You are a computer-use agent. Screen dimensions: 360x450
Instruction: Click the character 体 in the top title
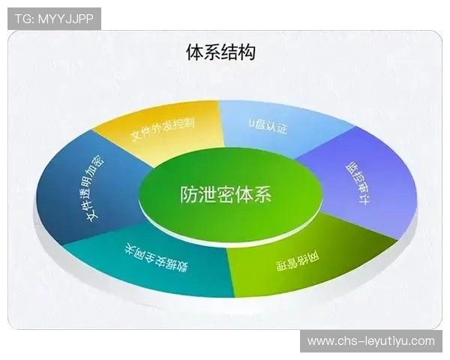(195, 52)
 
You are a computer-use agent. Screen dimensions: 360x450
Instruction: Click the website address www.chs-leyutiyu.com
(370, 341)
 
